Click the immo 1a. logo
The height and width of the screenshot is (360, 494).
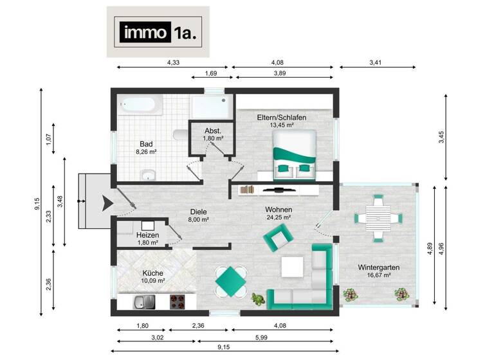(158, 33)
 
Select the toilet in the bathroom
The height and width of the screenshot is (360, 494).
(180, 134)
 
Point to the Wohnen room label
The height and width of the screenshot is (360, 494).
(279, 210)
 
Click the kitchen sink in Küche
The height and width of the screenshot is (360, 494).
(143, 300)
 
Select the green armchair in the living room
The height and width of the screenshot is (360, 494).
(277, 240)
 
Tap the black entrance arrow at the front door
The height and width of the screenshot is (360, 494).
(105, 203)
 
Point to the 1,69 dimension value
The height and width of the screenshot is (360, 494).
(210, 73)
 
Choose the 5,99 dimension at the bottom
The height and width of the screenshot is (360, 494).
(279, 337)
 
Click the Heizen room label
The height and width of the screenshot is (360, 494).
(147, 236)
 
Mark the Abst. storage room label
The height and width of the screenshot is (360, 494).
(213, 130)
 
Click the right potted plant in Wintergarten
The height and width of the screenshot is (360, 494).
(401, 294)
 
